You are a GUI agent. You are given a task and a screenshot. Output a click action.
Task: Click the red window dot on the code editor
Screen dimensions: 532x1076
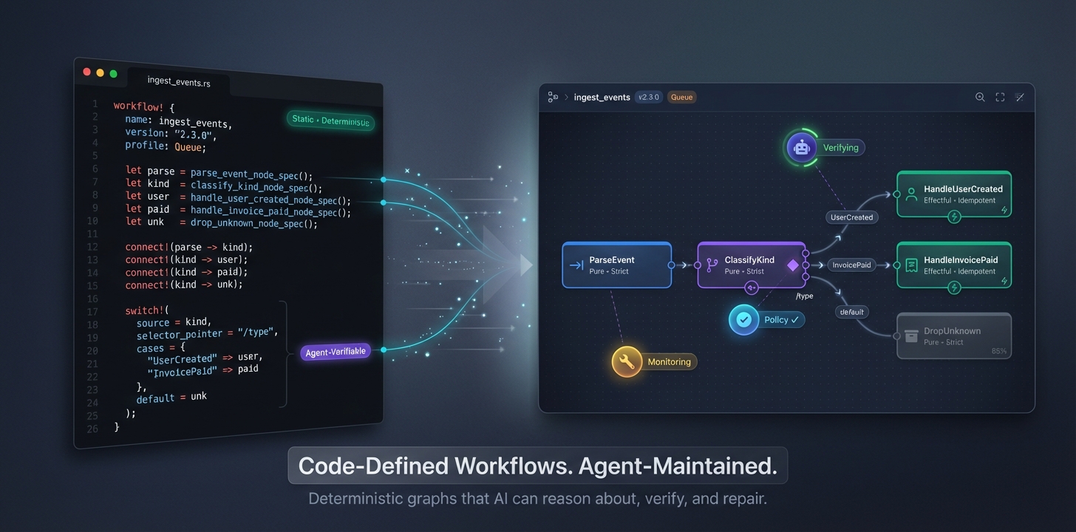tap(87, 72)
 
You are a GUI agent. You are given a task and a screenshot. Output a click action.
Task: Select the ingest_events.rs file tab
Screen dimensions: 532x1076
tap(179, 82)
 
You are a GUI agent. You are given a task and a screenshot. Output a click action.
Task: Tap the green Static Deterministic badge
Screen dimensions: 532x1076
tap(330, 121)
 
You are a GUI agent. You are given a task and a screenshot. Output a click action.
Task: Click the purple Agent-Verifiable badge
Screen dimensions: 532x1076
tap(336, 352)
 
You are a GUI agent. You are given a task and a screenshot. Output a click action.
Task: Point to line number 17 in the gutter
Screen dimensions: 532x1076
tap(92, 311)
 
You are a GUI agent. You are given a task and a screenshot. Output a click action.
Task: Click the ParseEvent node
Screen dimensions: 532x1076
tap(616, 265)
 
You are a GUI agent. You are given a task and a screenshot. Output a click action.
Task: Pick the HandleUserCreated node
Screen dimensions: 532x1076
tap(953, 194)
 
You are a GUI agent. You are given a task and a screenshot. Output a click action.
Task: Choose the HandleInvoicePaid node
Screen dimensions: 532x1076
tap(953, 265)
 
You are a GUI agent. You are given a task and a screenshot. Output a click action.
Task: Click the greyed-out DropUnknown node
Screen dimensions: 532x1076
tap(953, 336)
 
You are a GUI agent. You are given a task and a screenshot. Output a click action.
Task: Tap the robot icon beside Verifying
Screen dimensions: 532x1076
tap(801, 147)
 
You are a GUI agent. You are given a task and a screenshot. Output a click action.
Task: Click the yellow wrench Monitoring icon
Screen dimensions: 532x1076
tap(627, 361)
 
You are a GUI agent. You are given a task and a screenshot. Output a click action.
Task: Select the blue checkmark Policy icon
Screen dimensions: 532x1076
tap(744, 320)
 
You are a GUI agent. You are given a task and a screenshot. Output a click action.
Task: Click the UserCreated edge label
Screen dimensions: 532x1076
tap(851, 217)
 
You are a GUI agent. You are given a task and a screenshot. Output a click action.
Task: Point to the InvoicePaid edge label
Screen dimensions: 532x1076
tap(851, 265)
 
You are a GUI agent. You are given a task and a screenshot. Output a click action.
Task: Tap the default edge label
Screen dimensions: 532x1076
tap(851, 312)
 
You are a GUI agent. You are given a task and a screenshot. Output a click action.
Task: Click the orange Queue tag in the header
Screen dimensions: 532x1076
tap(681, 98)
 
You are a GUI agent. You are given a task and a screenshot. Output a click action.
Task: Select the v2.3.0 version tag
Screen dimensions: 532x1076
tap(648, 98)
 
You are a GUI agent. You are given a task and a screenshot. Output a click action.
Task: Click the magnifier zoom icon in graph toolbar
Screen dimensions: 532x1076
tap(980, 98)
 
